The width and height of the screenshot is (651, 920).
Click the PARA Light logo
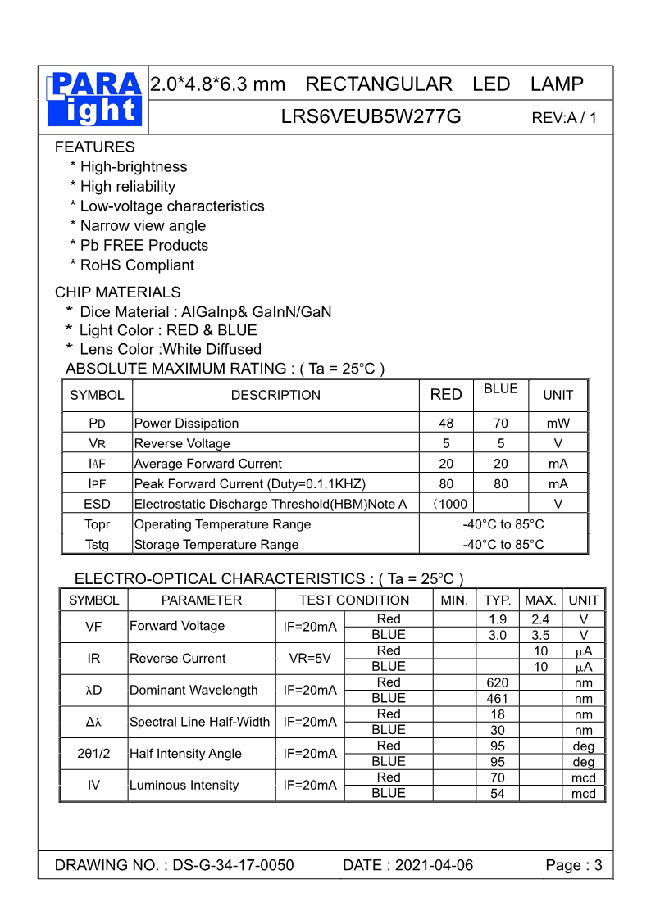pyautogui.click(x=94, y=99)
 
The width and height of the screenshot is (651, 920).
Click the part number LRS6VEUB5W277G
pyautogui.click(x=371, y=116)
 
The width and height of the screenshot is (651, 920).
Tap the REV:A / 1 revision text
pyautogui.click(x=564, y=117)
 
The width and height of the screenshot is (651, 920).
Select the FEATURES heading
pyautogui.click(x=94, y=147)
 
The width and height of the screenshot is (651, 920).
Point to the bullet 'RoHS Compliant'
pyautogui.click(x=137, y=265)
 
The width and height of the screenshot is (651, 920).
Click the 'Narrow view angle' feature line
pyautogui.click(x=143, y=225)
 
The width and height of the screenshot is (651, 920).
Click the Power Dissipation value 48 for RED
pyautogui.click(x=446, y=424)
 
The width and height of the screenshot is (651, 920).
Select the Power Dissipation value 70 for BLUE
pyautogui.click(x=501, y=424)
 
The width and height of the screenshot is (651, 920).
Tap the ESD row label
pyautogui.click(x=97, y=504)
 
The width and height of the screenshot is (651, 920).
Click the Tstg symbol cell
pyautogui.click(x=97, y=545)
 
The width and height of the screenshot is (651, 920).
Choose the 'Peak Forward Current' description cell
pyautogui.click(x=250, y=484)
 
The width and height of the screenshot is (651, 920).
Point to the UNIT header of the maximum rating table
pyautogui.click(x=558, y=395)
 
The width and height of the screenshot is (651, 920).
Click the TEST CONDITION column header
pyautogui.click(x=353, y=600)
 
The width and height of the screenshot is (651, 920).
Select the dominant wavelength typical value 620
pyautogui.click(x=498, y=682)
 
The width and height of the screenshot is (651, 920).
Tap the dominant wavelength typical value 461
pyautogui.click(x=498, y=699)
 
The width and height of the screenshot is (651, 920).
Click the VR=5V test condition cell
pyautogui.click(x=310, y=659)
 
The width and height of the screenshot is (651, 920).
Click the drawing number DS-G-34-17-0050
pyautogui.click(x=233, y=866)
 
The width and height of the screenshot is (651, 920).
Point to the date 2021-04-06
pyautogui.click(x=434, y=866)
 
